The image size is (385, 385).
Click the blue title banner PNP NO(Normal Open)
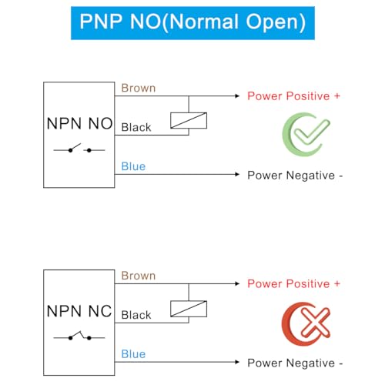[x=192, y=23]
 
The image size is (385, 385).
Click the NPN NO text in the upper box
[x=79, y=124]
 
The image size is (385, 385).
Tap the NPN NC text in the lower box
[x=79, y=311]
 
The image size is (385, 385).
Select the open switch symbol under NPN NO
[x=79, y=149]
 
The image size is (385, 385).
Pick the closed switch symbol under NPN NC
[x=79, y=336]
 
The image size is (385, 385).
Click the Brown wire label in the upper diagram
[x=139, y=88]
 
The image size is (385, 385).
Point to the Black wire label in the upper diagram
[x=136, y=127]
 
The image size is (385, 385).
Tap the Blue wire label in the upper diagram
[x=133, y=166]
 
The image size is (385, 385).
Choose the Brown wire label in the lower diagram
[x=139, y=276]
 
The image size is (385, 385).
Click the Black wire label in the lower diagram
[x=136, y=315]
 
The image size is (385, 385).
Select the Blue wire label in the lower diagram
[x=133, y=354]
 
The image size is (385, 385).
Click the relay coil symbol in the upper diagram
[x=189, y=120]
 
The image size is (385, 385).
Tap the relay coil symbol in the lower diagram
[x=189, y=309]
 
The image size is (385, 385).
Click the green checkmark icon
[x=306, y=134]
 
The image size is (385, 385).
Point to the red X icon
[x=306, y=323]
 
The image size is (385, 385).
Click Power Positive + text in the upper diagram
[x=294, y=96]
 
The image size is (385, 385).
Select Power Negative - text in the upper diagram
[x=295, y=176]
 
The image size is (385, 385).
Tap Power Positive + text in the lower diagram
[x=294, y=284]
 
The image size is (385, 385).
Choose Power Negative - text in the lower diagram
[x=295, y=363]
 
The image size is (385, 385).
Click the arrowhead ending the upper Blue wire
[x=237, y=175]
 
